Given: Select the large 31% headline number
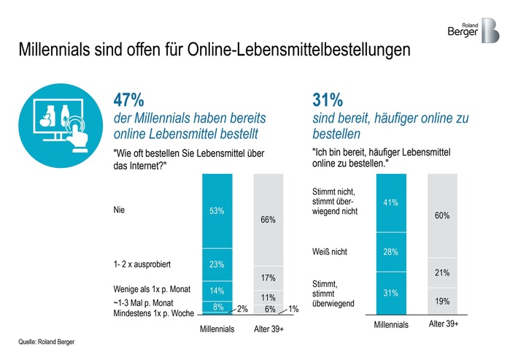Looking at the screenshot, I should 329,99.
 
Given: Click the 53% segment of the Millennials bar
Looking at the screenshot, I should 217,211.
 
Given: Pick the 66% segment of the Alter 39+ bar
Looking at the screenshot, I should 268,218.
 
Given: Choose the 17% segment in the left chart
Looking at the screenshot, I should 268,278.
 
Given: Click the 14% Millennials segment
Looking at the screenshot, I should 217,290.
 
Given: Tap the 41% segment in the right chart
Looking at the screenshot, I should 390,202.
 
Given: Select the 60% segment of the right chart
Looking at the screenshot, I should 441,215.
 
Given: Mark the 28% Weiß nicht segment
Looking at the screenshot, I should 390,251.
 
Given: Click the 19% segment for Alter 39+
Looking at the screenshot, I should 441,300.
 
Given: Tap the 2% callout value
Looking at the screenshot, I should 243,309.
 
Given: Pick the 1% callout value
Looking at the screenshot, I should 294,309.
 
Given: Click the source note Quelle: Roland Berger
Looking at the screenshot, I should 47,341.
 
